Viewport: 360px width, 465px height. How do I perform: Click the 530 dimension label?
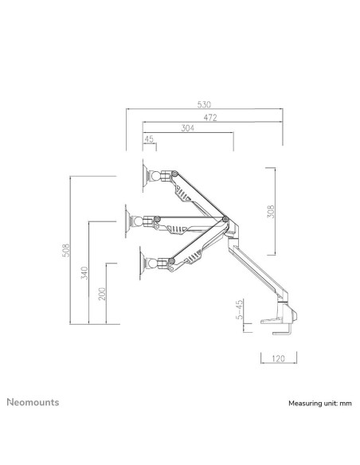point(204,104)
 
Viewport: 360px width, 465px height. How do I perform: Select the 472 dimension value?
point(211,116)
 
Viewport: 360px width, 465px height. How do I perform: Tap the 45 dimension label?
point(149,139)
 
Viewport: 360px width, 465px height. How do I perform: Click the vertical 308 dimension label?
point(271,213)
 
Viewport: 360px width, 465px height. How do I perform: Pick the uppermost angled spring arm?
point(196,195)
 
